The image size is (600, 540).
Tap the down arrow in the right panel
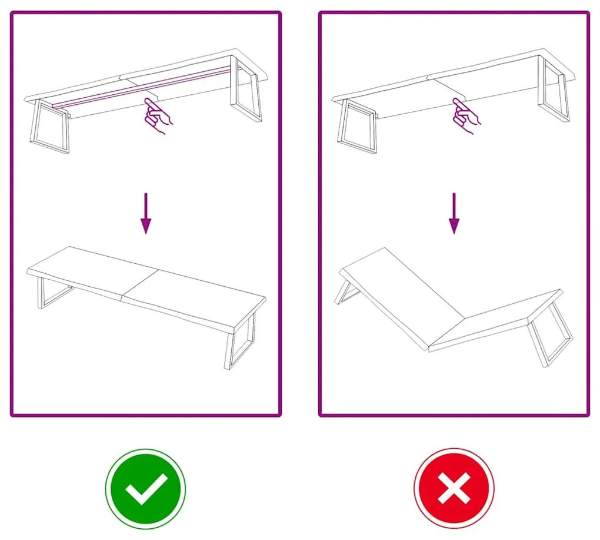click(x=454, y=213)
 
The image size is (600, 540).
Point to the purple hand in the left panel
click(x=157, y=115)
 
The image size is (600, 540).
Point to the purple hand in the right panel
click(x=465, y=116)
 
